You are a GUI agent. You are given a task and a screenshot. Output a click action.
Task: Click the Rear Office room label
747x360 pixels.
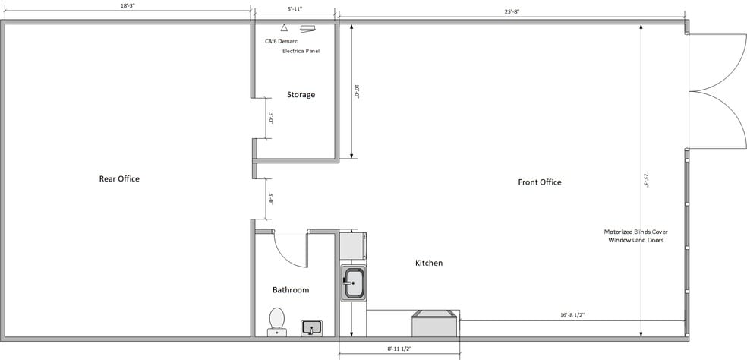(119, 178)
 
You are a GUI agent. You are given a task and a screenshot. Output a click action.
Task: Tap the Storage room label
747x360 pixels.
(301, 94)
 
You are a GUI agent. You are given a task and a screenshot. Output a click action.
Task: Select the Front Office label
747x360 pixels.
(540, 182)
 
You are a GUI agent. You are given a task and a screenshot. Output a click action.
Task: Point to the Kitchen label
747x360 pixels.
(429, 263)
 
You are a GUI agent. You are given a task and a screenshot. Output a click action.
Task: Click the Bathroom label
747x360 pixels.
(291, 289)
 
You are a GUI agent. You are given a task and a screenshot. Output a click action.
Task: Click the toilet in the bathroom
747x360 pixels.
(277, 322)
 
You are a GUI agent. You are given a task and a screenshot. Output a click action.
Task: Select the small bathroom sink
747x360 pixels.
(311, 328)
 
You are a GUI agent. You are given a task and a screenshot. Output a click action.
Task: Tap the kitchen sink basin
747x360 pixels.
(353, 283)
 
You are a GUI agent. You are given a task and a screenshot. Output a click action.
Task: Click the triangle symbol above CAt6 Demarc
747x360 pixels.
(284, 27)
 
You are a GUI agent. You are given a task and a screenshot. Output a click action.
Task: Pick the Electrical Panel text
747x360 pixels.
(301, 51)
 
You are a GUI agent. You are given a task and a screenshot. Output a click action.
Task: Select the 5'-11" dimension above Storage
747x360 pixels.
(295, 8)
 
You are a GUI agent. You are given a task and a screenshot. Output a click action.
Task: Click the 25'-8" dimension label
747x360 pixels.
(512, 11)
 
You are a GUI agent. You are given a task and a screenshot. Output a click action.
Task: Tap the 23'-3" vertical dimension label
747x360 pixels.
(646, 180)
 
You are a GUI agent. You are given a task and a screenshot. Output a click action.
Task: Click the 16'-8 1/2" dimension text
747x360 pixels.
(572, 314)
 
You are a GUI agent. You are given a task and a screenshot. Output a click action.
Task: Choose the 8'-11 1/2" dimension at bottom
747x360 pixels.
(399, 349)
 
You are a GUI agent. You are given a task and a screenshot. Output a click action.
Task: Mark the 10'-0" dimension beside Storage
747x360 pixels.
(357, 91)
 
